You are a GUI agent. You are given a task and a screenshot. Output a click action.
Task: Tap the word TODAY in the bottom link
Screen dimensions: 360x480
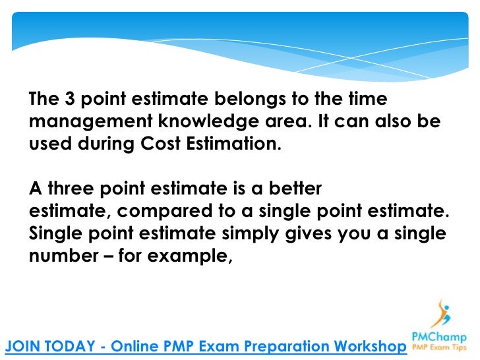75,345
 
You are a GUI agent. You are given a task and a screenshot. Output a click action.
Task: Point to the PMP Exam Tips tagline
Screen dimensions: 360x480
440,347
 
